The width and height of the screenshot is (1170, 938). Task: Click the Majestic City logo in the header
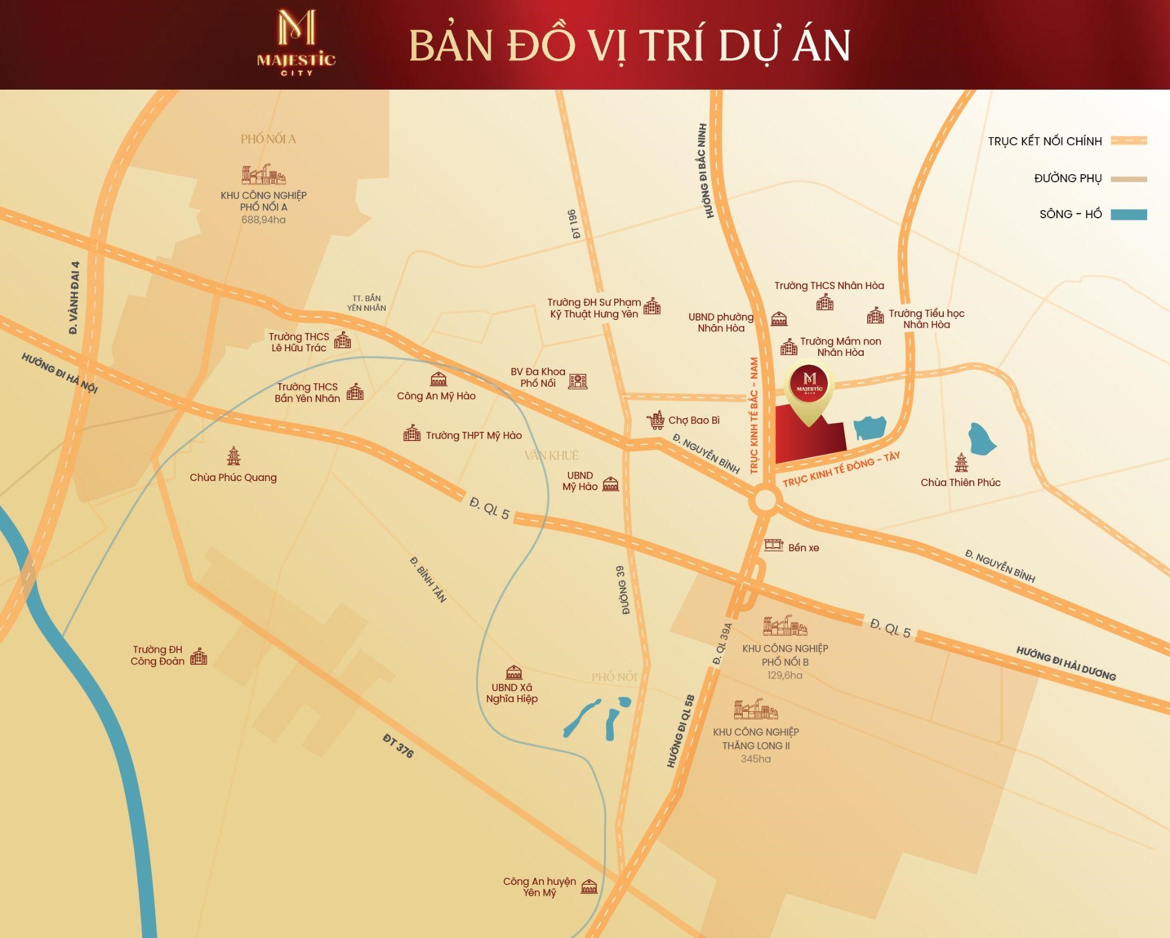pos(296,43)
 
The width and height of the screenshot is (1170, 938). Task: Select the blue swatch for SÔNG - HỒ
pos(1128,215)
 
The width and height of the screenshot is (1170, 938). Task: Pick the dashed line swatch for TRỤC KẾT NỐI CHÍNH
pos(1128,141)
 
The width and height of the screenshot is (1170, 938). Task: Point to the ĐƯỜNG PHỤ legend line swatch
pos(1128,179)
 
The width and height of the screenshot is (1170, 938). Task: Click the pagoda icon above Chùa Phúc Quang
pos(233,456)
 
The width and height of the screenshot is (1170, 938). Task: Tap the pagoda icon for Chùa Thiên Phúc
pos(961,462)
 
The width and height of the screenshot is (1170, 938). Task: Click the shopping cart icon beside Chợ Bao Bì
pos(656,420)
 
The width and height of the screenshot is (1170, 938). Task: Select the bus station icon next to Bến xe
pos(774,545)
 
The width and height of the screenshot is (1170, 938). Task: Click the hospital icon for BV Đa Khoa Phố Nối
pos(578,381)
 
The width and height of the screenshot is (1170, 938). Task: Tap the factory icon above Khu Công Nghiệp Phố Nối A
pos(263,175)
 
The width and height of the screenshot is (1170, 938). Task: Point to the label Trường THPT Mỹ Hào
pos(474,435)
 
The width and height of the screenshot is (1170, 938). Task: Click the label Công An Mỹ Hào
pos(436,396)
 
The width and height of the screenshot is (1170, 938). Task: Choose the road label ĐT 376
pos(398,746)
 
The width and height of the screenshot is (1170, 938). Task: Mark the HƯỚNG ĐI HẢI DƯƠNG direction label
pos(1065,663)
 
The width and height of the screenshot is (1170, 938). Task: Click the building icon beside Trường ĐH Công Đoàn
pos(198,656)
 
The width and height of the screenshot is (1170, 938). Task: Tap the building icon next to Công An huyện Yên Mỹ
pos(589,887)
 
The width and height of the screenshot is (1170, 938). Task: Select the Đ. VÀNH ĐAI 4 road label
pos(74,298)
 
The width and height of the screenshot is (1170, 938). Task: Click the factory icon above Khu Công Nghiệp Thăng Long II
pos(756,709)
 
